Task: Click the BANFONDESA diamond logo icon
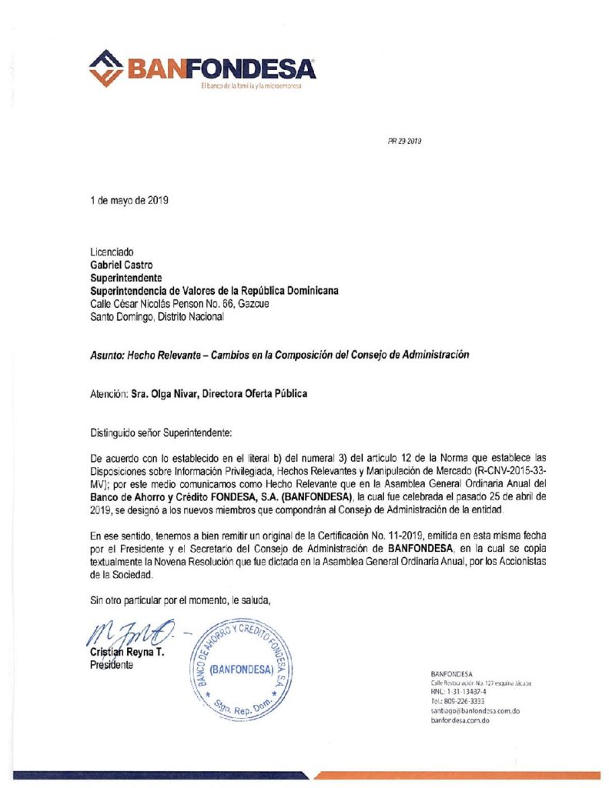106,68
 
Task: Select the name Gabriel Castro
122,265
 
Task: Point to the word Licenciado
112,252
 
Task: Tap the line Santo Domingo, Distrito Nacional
157,316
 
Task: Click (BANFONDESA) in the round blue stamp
242,669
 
